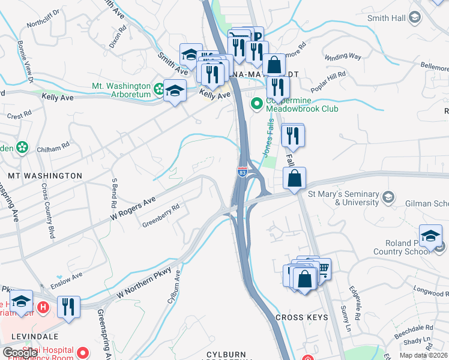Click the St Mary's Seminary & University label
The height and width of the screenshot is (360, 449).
pos(343,198)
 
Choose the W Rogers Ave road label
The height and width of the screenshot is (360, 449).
pos(132,208)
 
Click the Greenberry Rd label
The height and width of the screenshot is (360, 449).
pos(161,216)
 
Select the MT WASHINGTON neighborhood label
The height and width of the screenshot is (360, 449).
pos(44,176)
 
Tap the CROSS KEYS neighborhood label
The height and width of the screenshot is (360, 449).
pos(301,317)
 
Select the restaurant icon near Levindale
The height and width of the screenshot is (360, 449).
pos(68,307)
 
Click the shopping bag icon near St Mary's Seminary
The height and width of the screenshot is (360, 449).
pos(295,178)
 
